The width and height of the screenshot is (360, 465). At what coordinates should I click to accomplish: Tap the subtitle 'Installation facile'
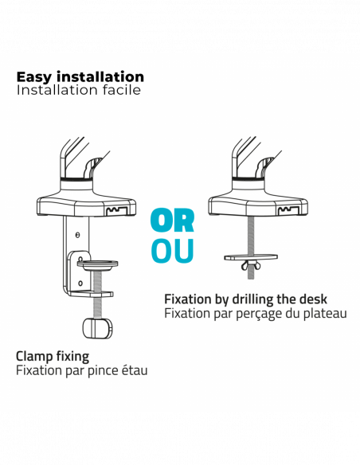pyautogui.click(x=79, y=90)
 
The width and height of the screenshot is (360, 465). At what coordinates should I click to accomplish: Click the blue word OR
pyautogui.click(x=172, y=221)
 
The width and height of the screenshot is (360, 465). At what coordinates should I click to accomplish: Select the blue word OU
pyautogui.click(x=172, y=251)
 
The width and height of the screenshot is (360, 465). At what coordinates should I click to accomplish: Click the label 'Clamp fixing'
pyautogui.click(x=53, y=357)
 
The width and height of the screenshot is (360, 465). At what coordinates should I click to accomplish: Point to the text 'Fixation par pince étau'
pyautogui.click(x=81, y=370)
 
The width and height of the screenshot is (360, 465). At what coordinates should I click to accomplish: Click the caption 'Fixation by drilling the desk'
pyautogui.click(x=245, y=299)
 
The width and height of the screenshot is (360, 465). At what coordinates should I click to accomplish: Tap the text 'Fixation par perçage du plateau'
pyautogui.click(x=256, y=314)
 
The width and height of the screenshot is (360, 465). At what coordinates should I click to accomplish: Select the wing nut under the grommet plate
pyautogui.click(x=251, y=265)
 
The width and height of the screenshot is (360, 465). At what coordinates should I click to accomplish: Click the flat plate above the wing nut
pyautogui.click(x=251, y=257)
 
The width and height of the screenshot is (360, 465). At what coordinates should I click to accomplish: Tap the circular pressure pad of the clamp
pyautogui.click(x=97, y=264)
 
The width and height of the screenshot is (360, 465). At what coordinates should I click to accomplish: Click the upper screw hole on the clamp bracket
pyautogui.click(x=78, y=235)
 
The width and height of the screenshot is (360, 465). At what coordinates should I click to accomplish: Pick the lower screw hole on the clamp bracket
pyautogui.click(x=80, y=283)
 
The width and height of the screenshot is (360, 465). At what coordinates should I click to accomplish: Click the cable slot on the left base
pyautogui.click(x=116, y=211)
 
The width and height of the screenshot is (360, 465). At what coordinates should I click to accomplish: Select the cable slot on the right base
pyautogui.click(x=288, y=211)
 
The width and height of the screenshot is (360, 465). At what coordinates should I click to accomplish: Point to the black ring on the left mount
pyautogui.click(x=76, y=179)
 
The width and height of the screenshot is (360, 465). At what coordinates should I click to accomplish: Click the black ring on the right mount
pyautogui.click(x=248, y=179)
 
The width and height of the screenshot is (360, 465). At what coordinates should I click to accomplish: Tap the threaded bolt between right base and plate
pyautogui.click(x=251, y=235)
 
